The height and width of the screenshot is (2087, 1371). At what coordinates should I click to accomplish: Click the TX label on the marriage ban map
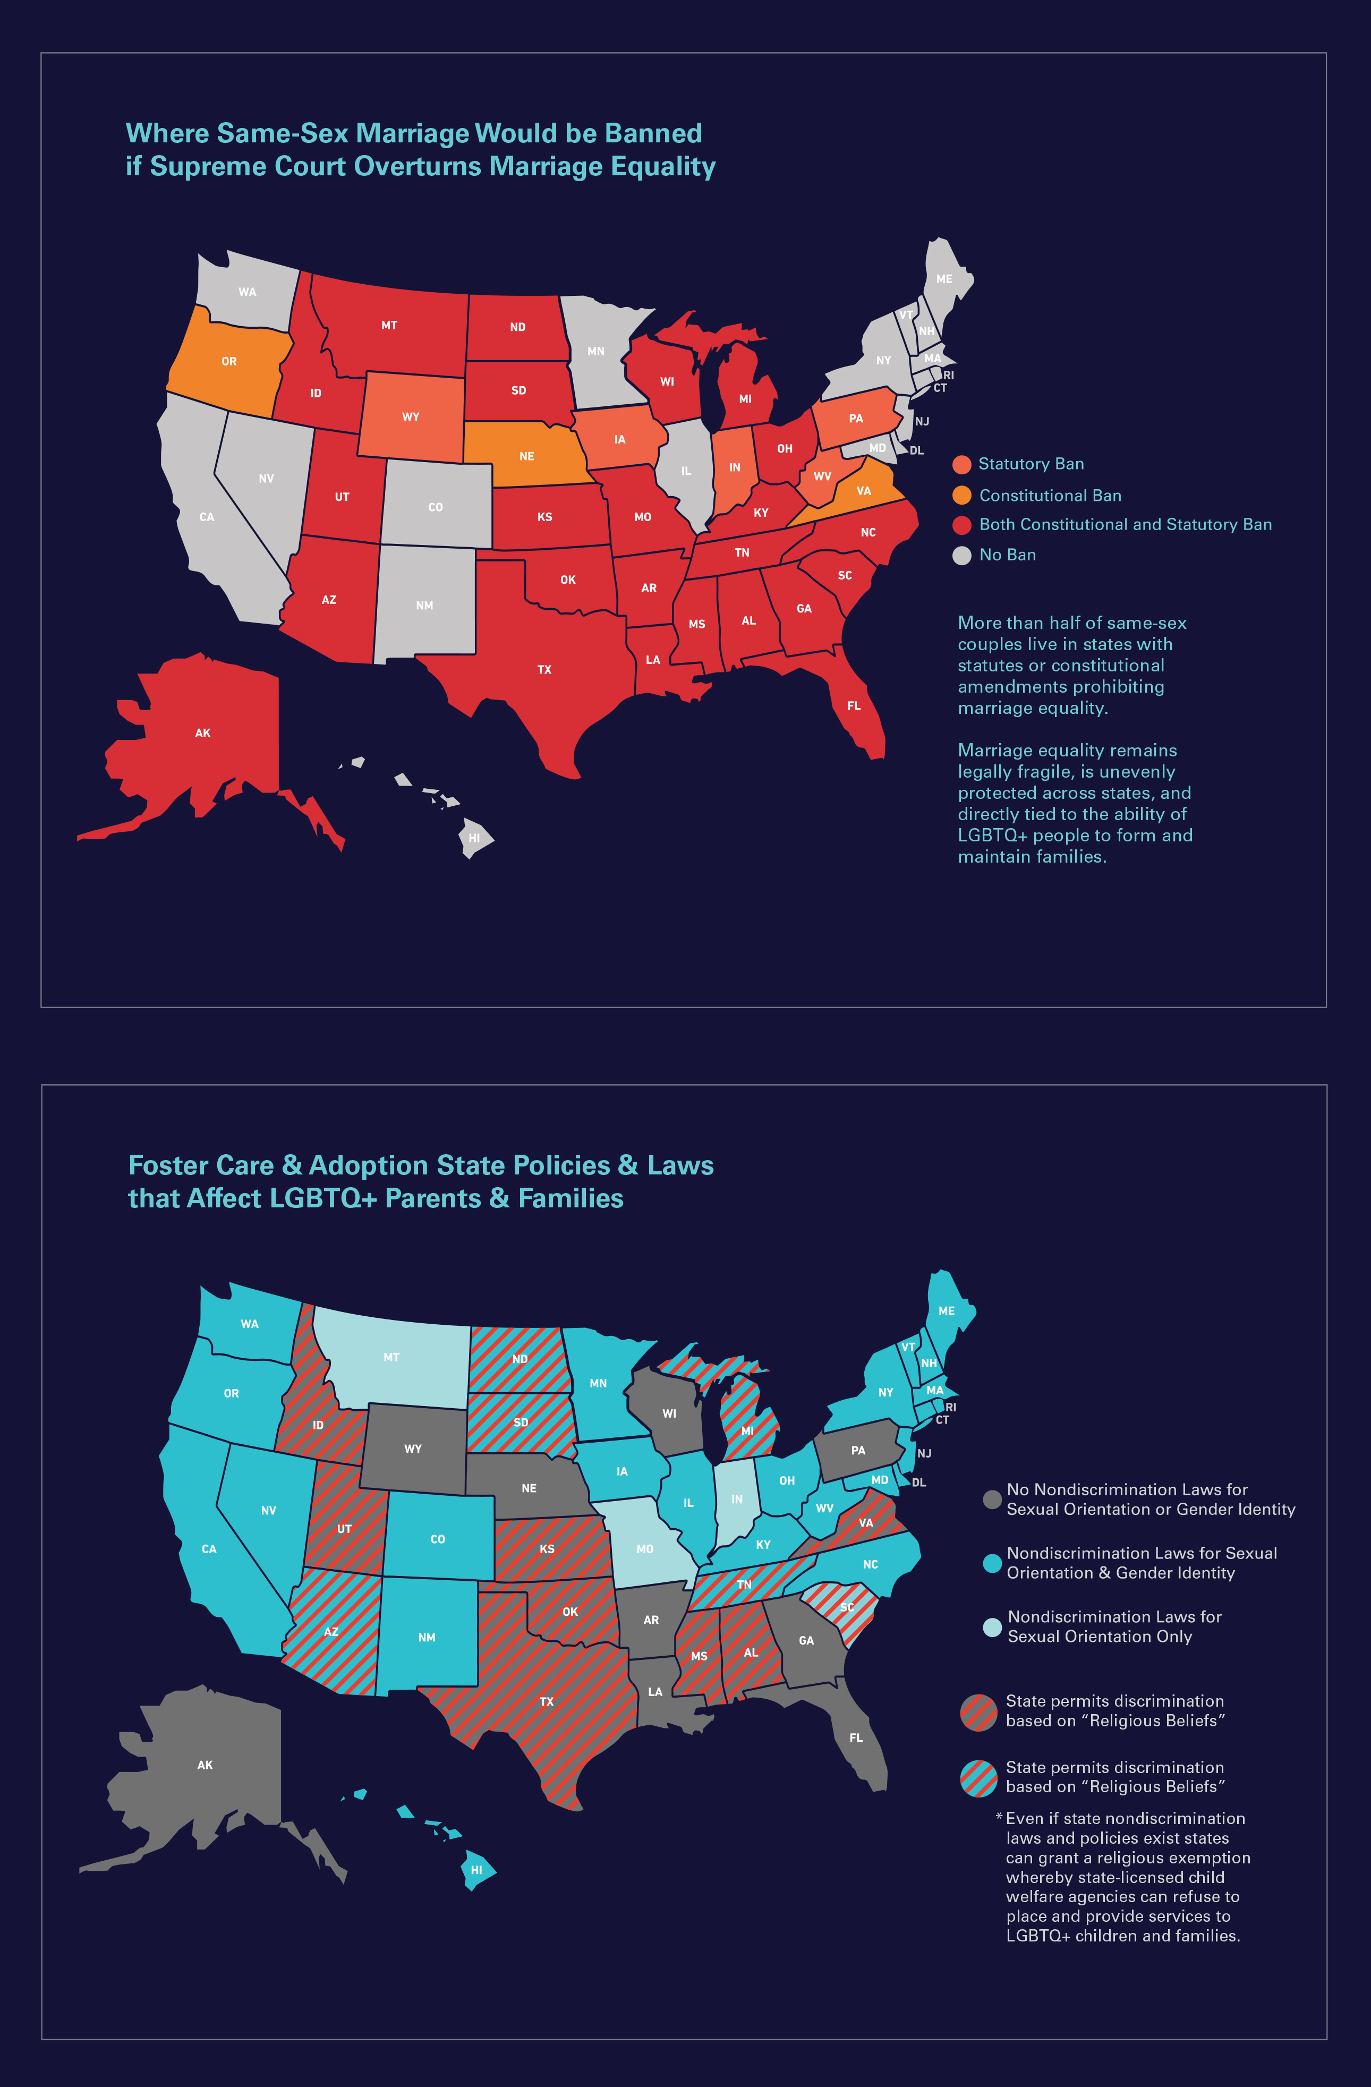(544, 670)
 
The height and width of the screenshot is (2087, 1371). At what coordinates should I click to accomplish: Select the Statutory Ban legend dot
(961, 464)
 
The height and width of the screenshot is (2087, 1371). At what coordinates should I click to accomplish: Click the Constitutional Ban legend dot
(961, 496)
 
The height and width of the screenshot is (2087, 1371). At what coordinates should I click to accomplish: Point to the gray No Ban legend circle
(961, 555)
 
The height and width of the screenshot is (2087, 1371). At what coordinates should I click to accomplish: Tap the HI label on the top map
(474, 838)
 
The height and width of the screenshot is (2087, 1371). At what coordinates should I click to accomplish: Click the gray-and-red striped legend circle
(978, 1711)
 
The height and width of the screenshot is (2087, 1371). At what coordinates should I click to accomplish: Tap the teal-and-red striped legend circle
(978, 1777)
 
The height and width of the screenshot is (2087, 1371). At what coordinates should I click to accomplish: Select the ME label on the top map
(944, 279)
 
